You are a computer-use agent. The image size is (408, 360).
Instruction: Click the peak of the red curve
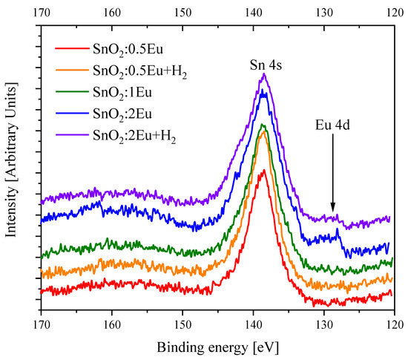[x=264, y=170]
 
